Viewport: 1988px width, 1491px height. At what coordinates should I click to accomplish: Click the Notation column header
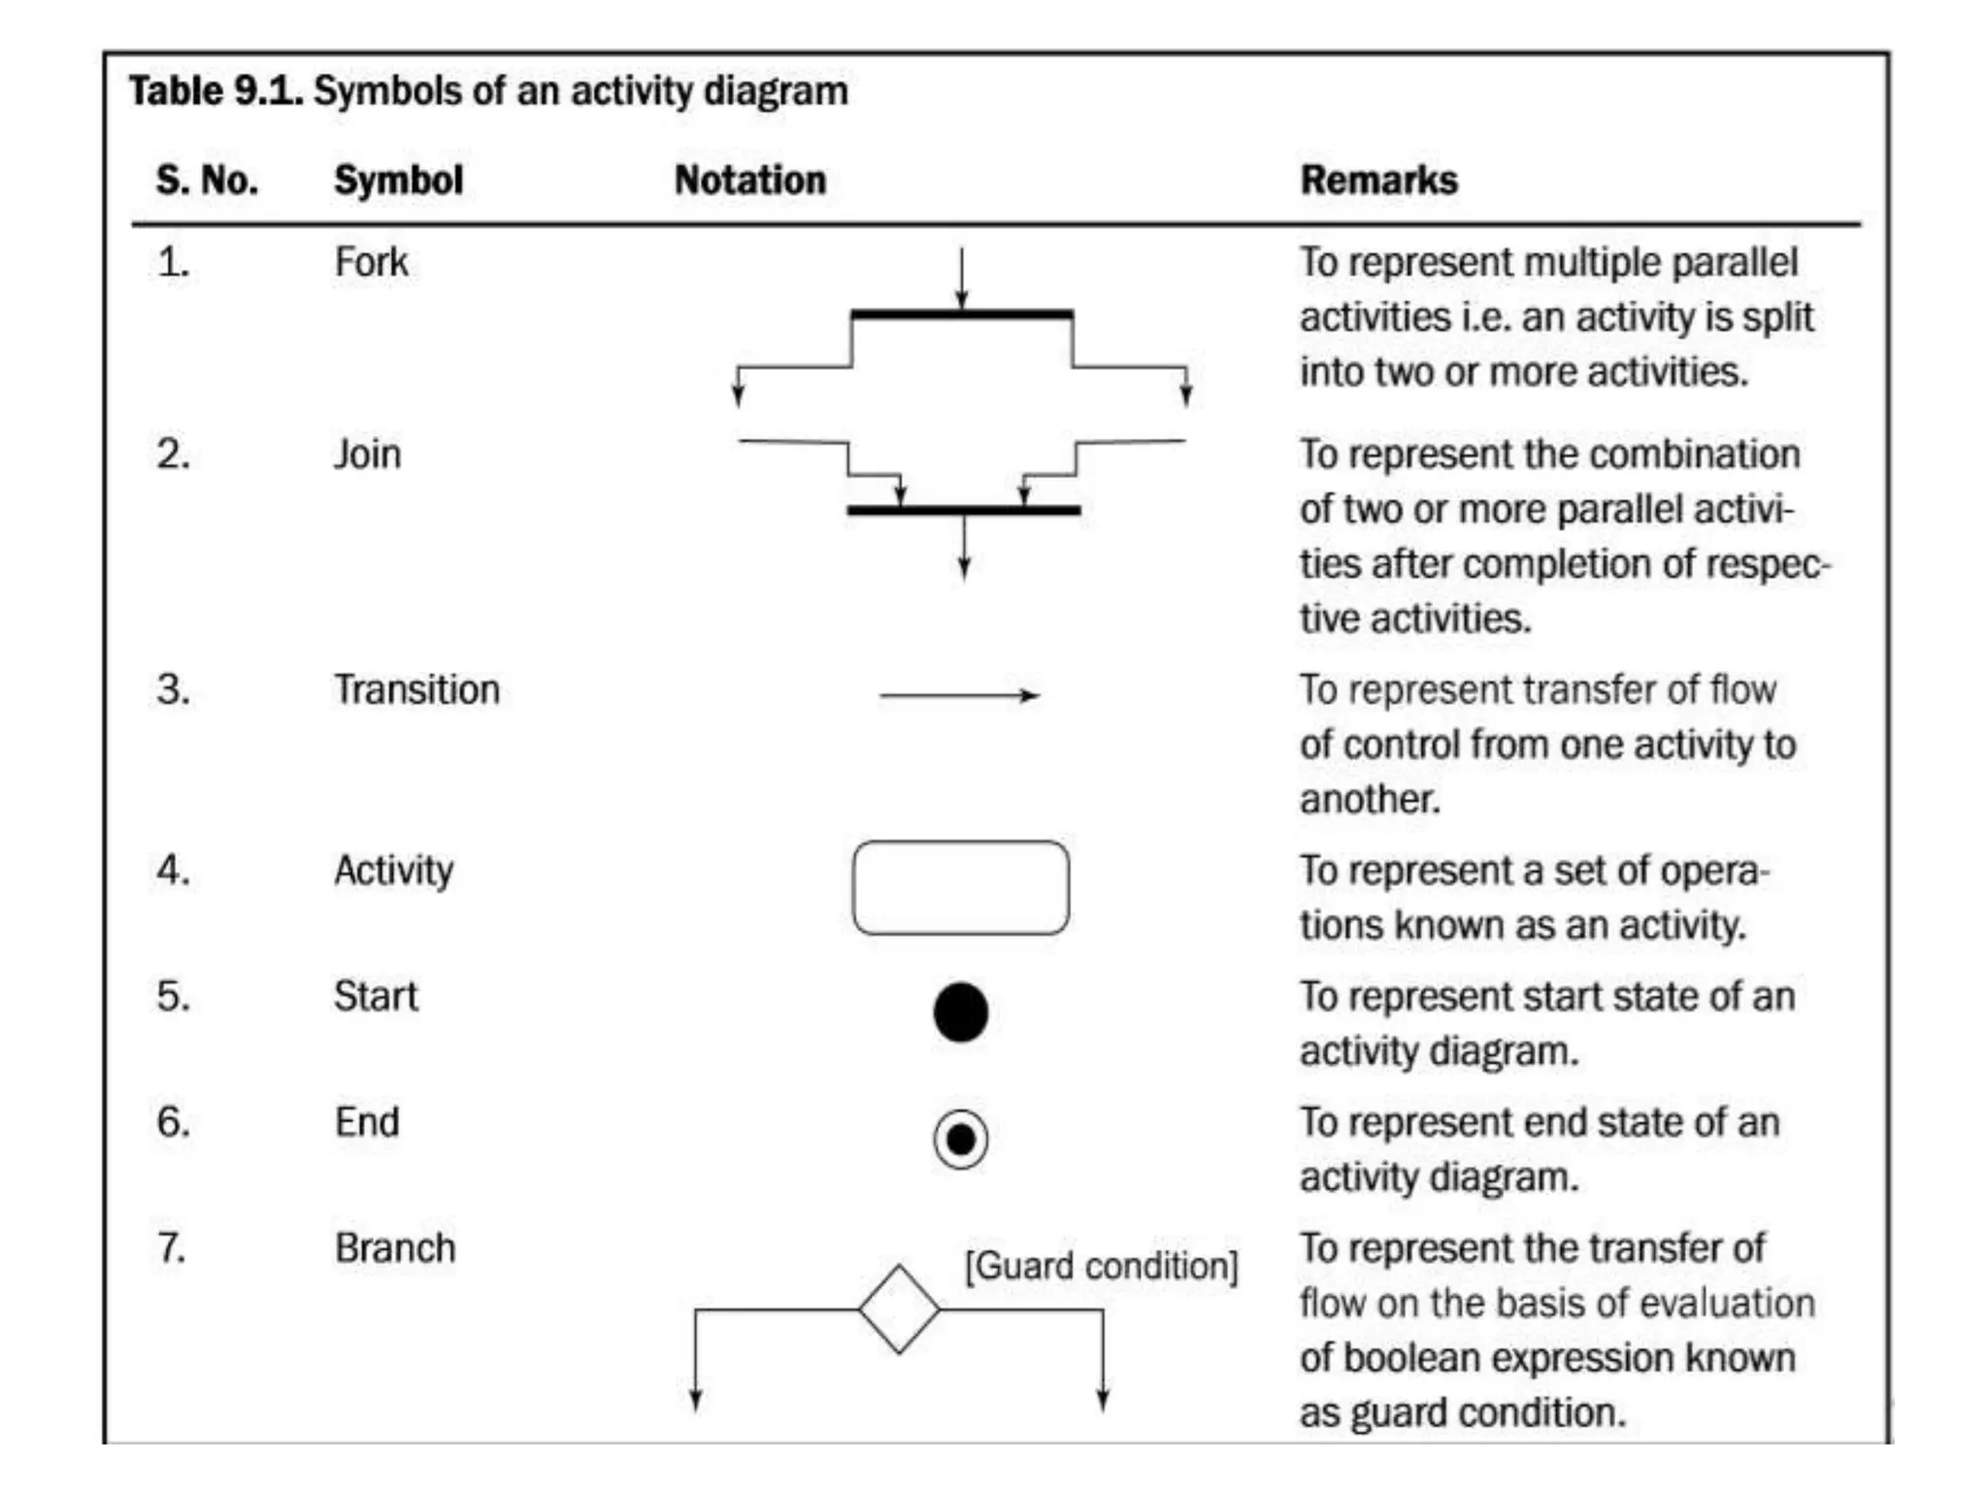[749, 181]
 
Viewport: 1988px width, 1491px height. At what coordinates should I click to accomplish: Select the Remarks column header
[1378, 181]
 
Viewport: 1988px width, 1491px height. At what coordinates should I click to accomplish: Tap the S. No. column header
[207, 181]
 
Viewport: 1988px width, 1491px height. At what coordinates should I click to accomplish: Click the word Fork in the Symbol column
[371, 262]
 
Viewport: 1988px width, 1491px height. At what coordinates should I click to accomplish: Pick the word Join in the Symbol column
[367, 454]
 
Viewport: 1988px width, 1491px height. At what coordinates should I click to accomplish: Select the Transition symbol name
[416, 690]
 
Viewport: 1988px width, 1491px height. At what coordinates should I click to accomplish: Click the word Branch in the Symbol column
[395, 1248]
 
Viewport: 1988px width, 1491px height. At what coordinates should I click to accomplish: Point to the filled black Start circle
[960, 1012]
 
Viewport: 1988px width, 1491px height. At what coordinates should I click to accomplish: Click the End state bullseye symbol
[960, 1139]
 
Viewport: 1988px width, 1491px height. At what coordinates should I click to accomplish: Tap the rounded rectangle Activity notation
[960, 887]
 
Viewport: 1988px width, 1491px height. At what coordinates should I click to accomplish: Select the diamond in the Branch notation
[899, 1309]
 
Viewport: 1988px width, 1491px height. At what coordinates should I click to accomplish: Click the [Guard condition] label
[1102, 1267]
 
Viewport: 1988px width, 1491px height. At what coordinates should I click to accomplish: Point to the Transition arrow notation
[959, 695]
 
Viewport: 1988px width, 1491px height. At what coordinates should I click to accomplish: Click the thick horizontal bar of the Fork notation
[961, 315]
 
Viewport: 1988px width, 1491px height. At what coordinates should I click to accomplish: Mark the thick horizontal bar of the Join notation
[963, 510]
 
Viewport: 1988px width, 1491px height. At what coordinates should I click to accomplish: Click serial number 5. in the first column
[173, 997]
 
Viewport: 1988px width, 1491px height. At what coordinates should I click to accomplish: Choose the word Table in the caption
[177, 91]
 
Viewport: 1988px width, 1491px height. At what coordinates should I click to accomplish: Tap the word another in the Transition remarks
[1369, 800]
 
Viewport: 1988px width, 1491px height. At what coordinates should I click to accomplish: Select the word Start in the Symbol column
[376, 997]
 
